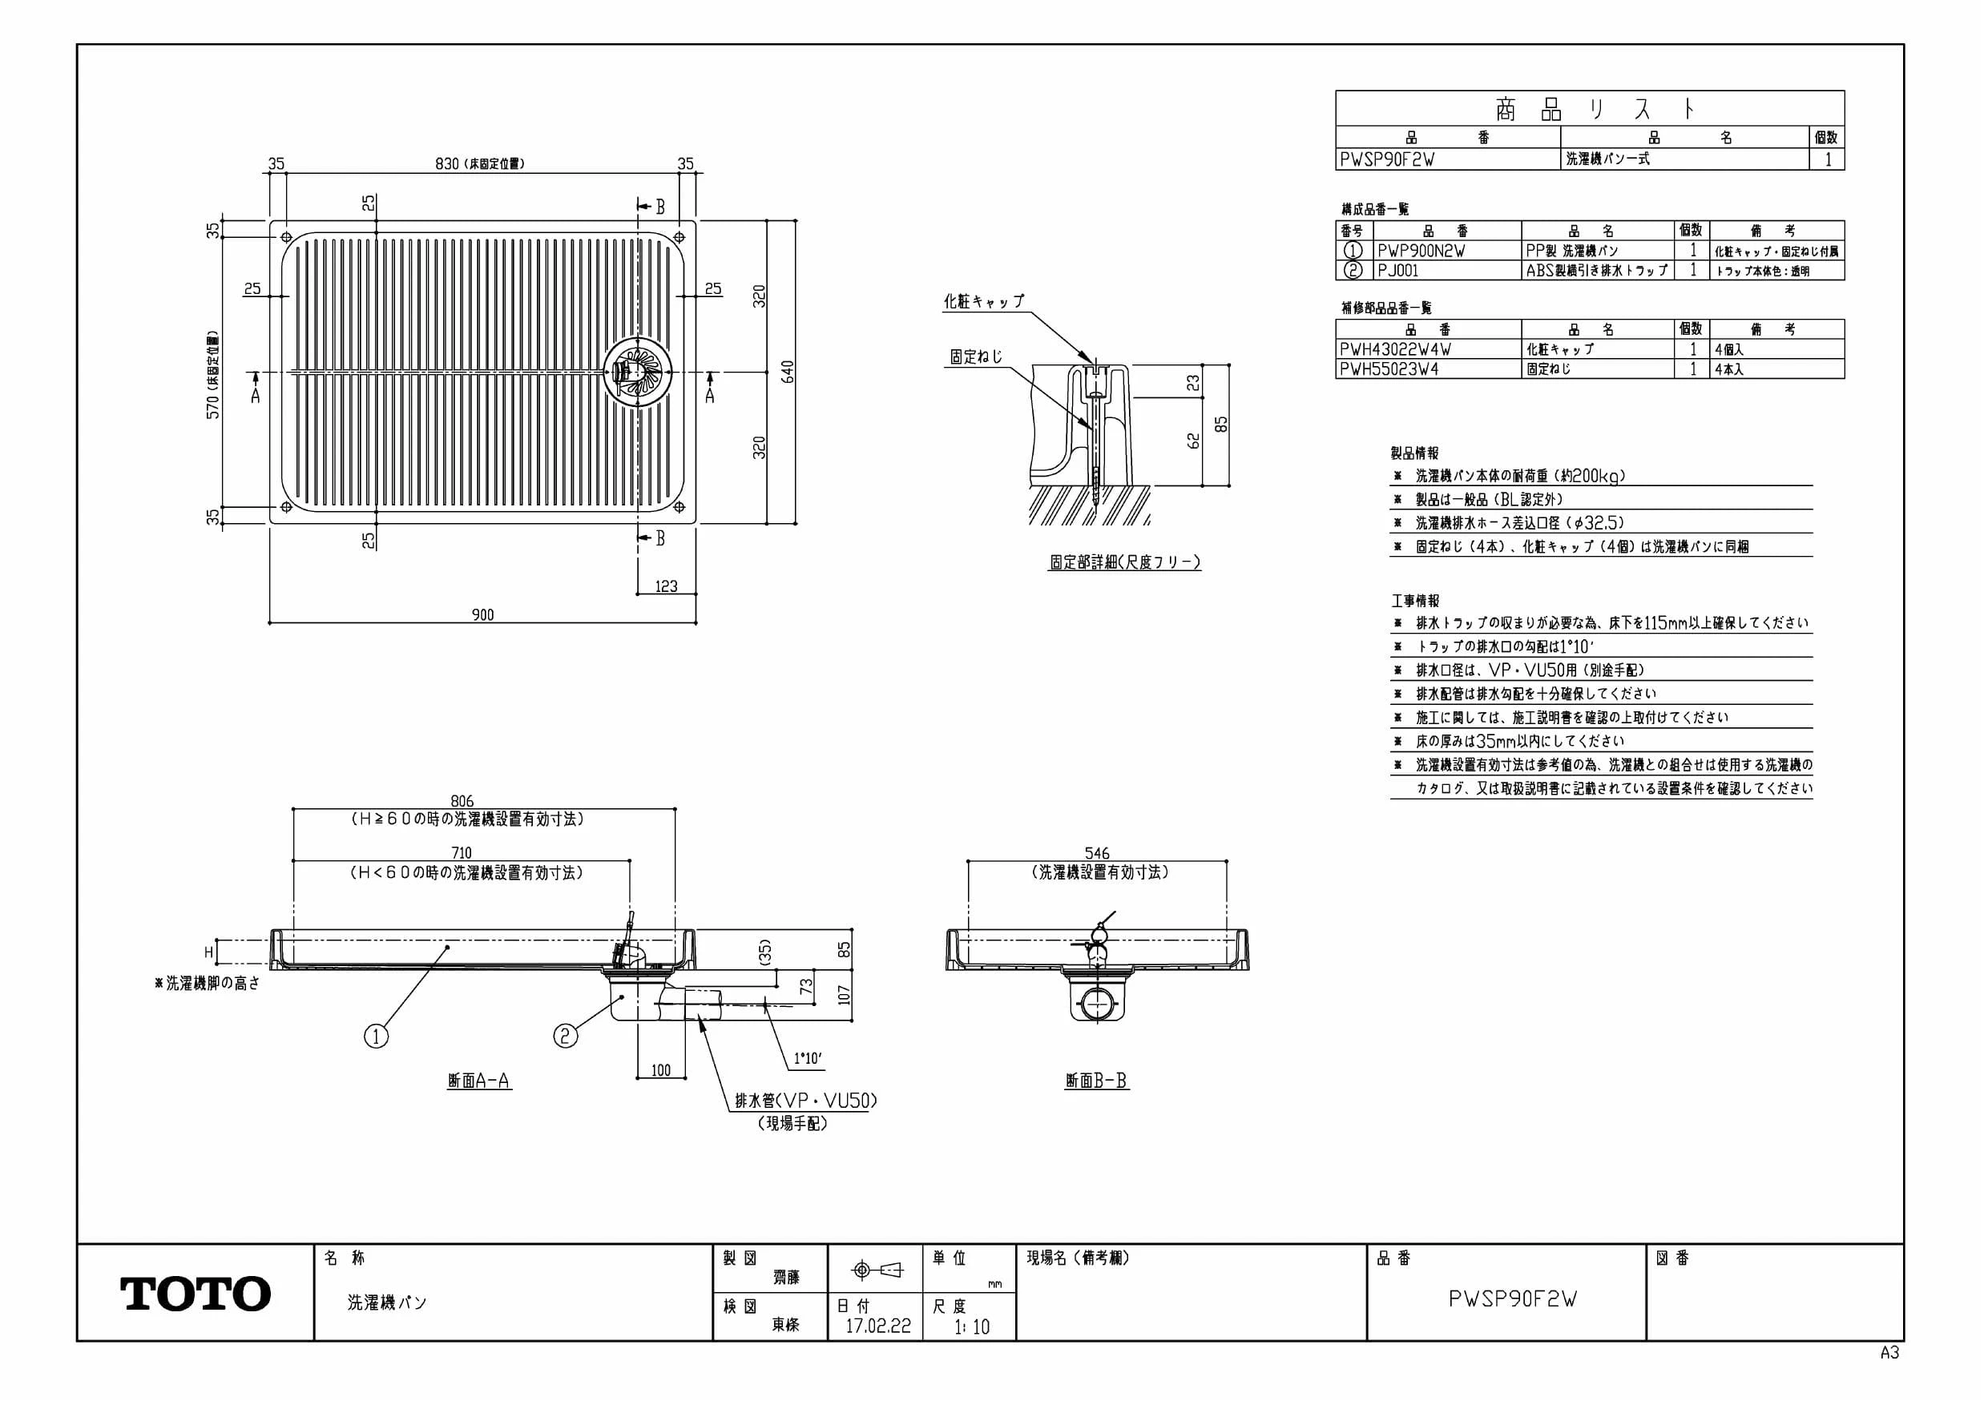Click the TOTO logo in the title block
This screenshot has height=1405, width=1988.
pyautogui.click(x=195, y=1294)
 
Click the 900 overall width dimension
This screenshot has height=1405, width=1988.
pyautogui.click(x=483, y=614)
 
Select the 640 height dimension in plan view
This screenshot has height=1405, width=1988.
pyautogui.click(x=787, y=372)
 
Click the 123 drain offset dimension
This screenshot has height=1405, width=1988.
pyautogui.click(x=666, y=587)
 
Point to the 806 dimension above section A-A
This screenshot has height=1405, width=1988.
pyautogui.click(x=462, y=802)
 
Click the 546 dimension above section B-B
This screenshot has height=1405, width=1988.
pyautogui.click(x=1096, y=854)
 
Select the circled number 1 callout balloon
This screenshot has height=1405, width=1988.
pyautogui.click(x=376, y=1037)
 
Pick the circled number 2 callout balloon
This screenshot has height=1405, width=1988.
pyautogui.click(x=566, y=1036)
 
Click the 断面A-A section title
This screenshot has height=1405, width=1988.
pyautogui.click(x=479, y=1081)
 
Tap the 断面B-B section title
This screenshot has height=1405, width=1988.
pyautogui.click(x=1096, y=1081)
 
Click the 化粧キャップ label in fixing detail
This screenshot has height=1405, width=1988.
pyautogui.click(x=984, y=301)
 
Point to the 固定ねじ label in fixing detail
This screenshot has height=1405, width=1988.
pyautogui.click(x=976, y=356)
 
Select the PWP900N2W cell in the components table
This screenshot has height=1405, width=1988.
pyautogui.click(x=1421, y=251)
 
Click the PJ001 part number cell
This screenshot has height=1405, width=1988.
pyautogui.click(x=1398, y=270)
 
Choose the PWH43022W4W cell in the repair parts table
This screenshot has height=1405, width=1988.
pyautogui.click(x=1395, y=350)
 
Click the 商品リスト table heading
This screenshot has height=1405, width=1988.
pyautogui.click(x=1590, y=109)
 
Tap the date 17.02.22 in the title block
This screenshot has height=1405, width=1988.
pyautogui.click(x=878, y=1326)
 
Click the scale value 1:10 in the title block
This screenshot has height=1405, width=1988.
pyautogui.click(x=971, y=1327)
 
